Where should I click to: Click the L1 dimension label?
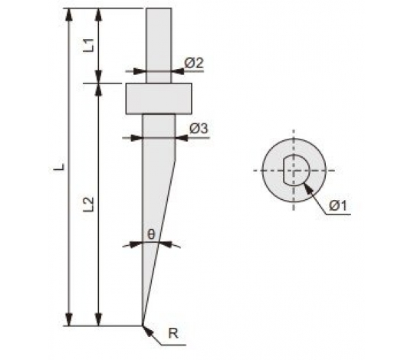90,45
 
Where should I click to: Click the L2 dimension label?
89,205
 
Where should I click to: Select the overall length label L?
59,167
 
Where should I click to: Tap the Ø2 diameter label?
194,63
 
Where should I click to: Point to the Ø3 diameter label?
199,129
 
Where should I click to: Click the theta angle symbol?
151,234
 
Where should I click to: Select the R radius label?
173,334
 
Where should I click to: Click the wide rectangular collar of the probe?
159,99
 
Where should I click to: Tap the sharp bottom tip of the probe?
143,325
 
